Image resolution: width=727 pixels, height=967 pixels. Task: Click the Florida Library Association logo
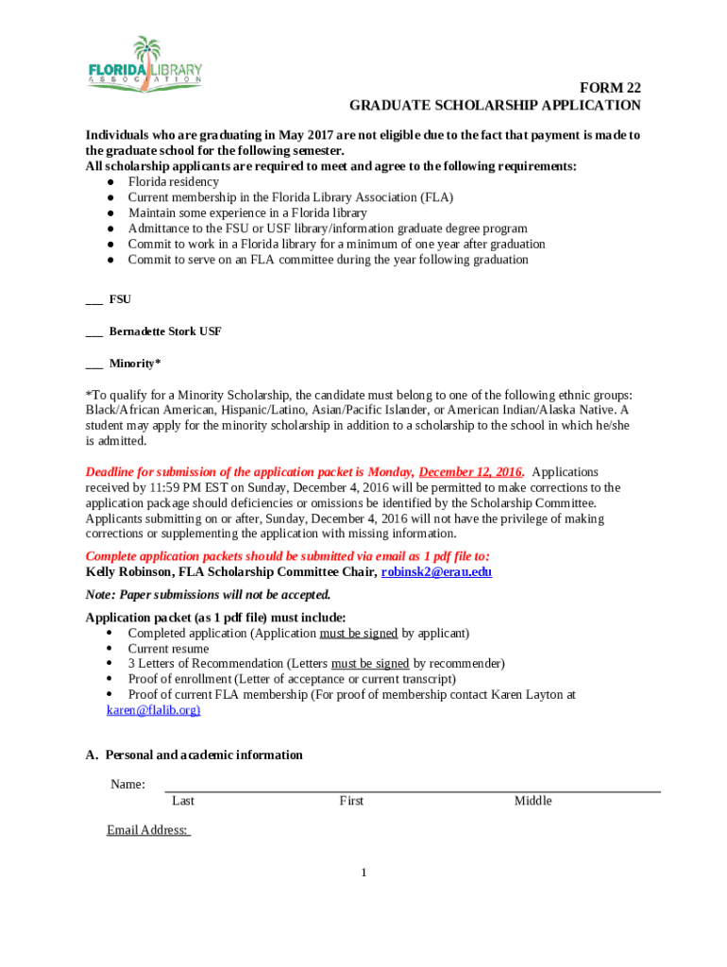(x=145, y=64)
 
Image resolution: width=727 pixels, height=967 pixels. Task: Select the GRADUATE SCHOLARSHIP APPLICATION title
(x=495, y=106)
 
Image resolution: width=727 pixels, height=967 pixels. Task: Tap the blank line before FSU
(x=93, y=300)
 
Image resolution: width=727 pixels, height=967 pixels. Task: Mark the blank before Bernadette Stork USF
(x=93, y=332)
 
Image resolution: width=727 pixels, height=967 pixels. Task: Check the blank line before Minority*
(x=93, y=365)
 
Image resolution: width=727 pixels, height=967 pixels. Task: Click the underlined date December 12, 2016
(x=471, y=472)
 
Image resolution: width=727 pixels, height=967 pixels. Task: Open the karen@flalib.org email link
(x=153, y=710)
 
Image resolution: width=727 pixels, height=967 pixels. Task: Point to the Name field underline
(x=413, y=790)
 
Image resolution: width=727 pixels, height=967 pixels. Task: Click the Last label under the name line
(x=183, y=801)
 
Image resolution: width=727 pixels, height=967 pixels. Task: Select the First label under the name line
(x=351, y=801)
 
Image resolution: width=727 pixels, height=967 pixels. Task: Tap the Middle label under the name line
(x=533, y=801)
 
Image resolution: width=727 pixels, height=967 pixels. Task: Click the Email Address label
(x=148, y=831)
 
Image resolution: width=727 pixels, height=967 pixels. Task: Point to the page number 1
(x=363, y=873)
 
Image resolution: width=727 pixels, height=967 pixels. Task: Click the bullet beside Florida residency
(x=111, y=182)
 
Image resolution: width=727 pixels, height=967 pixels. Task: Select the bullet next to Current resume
(x=111, y=649)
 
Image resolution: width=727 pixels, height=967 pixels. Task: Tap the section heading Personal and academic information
(x=204, y=755)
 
